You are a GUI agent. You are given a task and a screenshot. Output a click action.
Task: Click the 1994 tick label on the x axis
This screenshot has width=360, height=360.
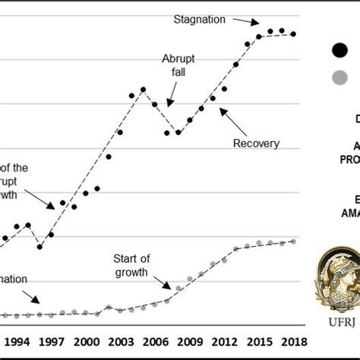tap(17, 341)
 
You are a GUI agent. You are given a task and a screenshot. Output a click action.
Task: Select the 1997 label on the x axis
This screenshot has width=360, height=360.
tap(51, 341)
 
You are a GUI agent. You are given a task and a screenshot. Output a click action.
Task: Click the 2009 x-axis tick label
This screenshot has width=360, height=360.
tap(189, 341)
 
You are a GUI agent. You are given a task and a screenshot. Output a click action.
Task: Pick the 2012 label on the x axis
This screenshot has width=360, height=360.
tap(224, 341)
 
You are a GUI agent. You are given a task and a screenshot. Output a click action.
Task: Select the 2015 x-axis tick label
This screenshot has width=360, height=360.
tap(259, 341)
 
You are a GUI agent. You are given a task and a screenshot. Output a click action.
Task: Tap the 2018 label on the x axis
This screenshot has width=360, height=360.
tap(293, 341)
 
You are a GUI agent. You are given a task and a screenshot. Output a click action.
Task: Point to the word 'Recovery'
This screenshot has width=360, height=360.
tap(257, 143)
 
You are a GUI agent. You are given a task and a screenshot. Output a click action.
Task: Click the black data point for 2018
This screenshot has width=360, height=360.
tap(293, 33)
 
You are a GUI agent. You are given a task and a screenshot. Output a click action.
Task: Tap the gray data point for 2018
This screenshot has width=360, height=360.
tap(293, 242)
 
